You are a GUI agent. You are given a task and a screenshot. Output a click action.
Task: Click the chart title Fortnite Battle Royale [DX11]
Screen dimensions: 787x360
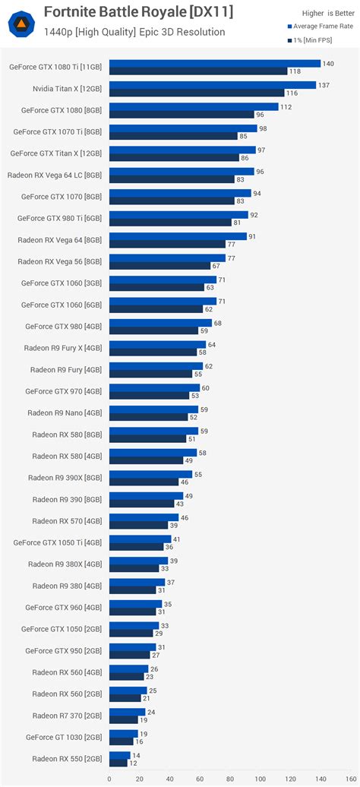[x=138, y=12]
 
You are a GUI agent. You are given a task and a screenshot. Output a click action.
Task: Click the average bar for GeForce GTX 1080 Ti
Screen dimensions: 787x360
[x=215, y=63]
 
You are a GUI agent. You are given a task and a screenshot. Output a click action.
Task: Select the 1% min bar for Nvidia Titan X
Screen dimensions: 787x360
[x=197, y=93]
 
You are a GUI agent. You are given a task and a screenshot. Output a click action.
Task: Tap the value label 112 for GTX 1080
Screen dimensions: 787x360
[x=286, y=106]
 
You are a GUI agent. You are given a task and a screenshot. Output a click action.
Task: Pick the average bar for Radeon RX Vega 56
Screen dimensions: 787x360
[x=167, y=258]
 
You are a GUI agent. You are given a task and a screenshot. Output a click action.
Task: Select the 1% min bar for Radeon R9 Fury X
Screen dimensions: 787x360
[x=153, y=352]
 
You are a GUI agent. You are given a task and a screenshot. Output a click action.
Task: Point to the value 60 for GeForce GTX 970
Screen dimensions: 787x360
[x=205, y=387]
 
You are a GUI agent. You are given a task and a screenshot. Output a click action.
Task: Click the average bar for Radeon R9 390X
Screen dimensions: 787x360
[x=150, y=474]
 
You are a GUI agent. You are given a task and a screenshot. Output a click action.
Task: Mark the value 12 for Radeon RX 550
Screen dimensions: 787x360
[x=133, y=763]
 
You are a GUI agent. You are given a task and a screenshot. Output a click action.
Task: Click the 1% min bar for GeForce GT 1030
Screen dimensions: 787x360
[x=121, y=741]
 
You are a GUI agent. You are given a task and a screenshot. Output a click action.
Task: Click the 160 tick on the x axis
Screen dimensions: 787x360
[x=349, y=779]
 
